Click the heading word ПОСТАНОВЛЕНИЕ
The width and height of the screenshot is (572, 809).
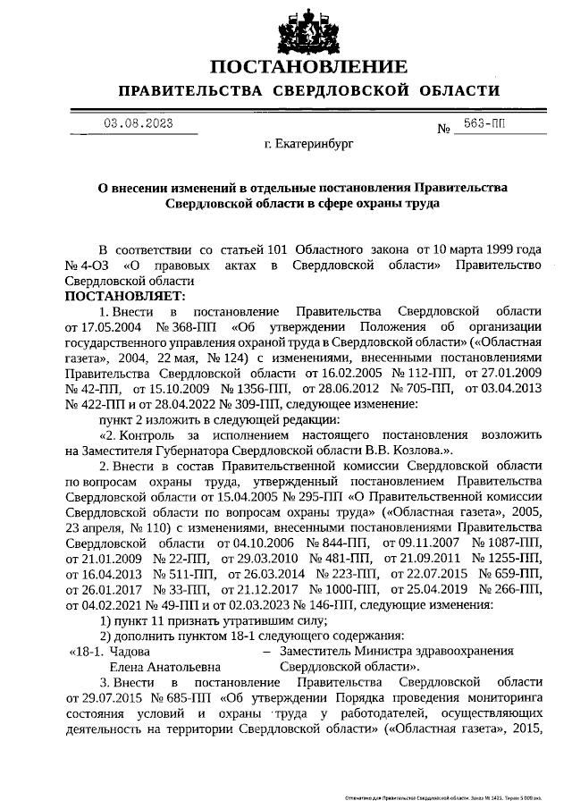309,66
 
